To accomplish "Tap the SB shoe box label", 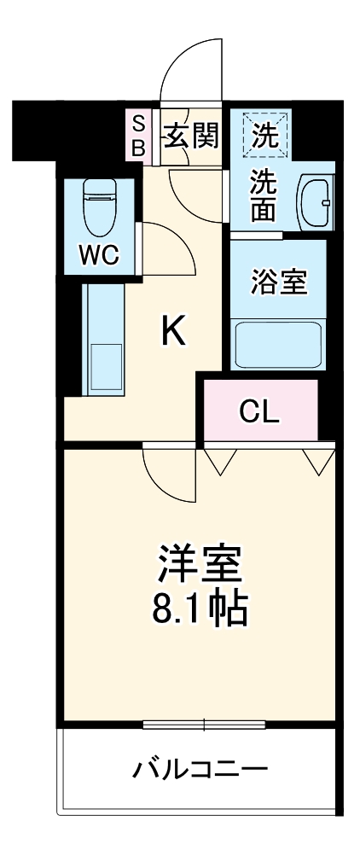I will [137, 135].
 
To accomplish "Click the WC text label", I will [100, 255].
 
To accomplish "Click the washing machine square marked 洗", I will [268, 134].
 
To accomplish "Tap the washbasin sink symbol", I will [316, 204].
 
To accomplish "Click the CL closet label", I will [258, 411].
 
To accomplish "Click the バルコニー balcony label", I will [200, 772].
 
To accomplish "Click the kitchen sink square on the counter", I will [104, 367].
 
